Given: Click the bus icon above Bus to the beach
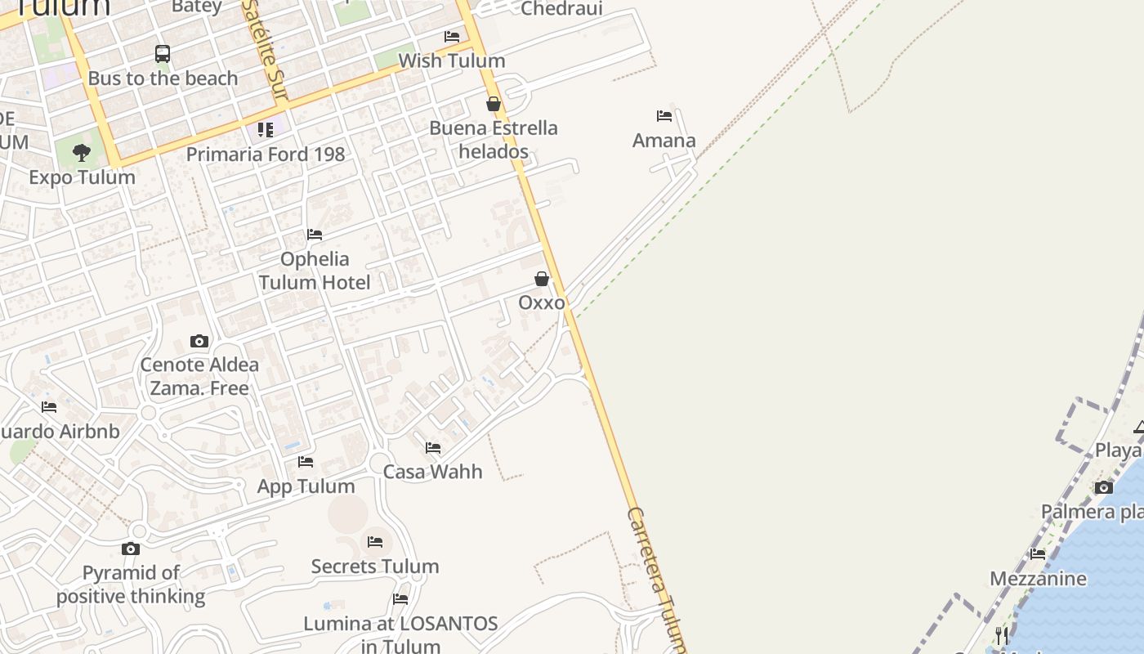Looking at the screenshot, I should (x=163, y=54).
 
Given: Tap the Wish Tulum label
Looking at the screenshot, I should (x=451, y=60).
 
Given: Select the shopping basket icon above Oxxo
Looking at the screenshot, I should (x=541, y=280).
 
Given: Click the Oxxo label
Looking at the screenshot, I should (x=541, y=302).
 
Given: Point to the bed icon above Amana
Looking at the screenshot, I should (x=664, y=116).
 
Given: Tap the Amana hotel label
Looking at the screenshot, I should (x=664, y=141).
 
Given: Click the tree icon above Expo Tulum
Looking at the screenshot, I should (x=81, y=152).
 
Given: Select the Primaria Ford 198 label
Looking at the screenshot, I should (x=266, y=154).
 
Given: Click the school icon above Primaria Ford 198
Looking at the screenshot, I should (x=266, y=130).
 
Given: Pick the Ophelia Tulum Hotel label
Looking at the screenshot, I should (x=315, y=271).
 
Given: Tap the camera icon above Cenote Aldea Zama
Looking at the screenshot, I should (x=199, y=341).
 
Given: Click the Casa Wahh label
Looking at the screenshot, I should (x=432, y=472).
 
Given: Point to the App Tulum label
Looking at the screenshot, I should (x=306, y=486).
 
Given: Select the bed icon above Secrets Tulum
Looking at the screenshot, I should (x=375, y=542).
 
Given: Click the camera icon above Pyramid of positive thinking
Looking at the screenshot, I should (x=131, y=549).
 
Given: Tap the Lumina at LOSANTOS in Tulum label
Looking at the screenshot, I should (x=400, y=634).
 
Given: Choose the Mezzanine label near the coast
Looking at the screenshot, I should (x=1038, y=579).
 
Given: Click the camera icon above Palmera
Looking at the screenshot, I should (x=1104, y=487).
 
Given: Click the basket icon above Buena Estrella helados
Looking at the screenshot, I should (x=494, y=104).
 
